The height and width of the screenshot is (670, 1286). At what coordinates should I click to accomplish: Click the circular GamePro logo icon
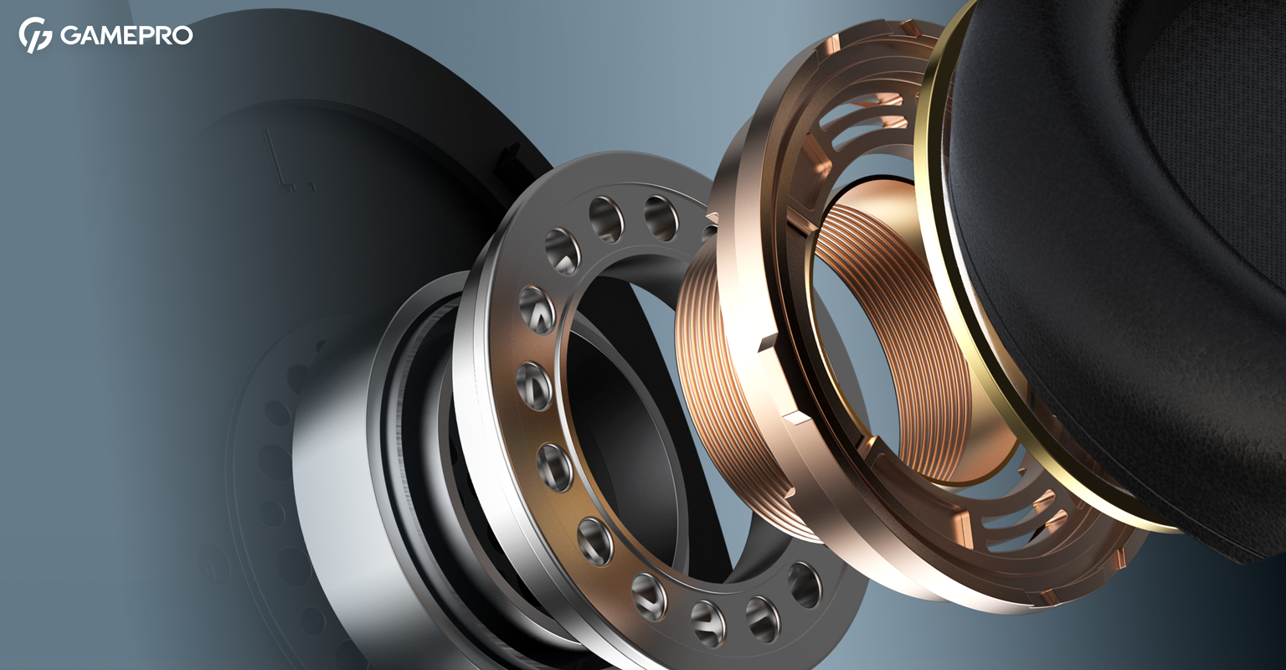click(35, 35)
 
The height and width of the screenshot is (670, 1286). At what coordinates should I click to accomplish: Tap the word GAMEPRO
click(126, 36)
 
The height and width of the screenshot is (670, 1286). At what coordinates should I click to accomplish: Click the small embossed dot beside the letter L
click(310, 185)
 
